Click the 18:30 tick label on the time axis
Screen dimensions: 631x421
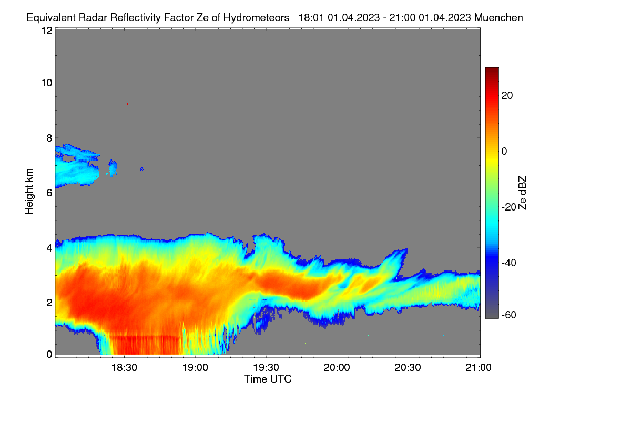[124, 368]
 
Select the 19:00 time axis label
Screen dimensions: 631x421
[195, 368]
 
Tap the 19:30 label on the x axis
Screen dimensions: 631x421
[266, 368]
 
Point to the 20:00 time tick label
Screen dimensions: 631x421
[337, 368]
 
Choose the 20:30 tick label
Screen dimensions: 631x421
[408, 368]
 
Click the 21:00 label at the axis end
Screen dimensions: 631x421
[479, 368]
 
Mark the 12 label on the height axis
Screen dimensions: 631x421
[47, 31]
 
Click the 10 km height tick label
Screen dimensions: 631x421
[47, 83]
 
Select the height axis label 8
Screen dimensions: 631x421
[49, 138]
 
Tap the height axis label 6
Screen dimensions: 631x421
[49, 193]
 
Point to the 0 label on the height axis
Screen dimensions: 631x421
[49, 355]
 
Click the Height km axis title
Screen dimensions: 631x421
[29, 192]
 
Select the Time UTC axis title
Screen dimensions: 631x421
[268, 379]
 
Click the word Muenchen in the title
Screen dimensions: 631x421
[498, 18]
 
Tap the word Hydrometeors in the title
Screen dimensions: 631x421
[256, 18]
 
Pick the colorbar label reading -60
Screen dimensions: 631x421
[509, 315]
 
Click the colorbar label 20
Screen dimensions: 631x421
[507, 96]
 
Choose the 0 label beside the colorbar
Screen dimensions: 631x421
[504, 152]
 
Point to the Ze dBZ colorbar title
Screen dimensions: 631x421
[522, 193]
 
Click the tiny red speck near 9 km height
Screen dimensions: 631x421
[128, 104]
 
